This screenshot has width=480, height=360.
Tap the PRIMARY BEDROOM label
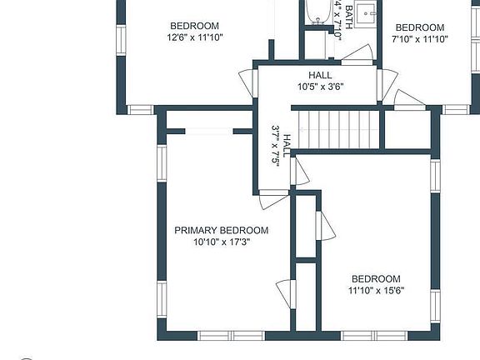pos(221,230)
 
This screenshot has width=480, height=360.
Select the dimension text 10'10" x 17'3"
pos(221,242)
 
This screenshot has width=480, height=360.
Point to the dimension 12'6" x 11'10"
pos(194,37)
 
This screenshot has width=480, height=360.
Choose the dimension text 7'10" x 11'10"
pos(420,38)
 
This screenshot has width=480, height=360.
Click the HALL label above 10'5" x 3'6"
pos(320,75)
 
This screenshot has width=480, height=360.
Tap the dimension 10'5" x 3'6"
pos(320,86)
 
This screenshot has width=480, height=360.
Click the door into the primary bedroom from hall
pos(272,200)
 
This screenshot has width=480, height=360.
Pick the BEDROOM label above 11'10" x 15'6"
pos(375,279)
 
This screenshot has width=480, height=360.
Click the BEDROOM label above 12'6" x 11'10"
pos(194,26)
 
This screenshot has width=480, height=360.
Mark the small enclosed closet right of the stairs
pos(405,128)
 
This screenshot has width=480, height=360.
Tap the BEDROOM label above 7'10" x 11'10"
pos(420,27)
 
